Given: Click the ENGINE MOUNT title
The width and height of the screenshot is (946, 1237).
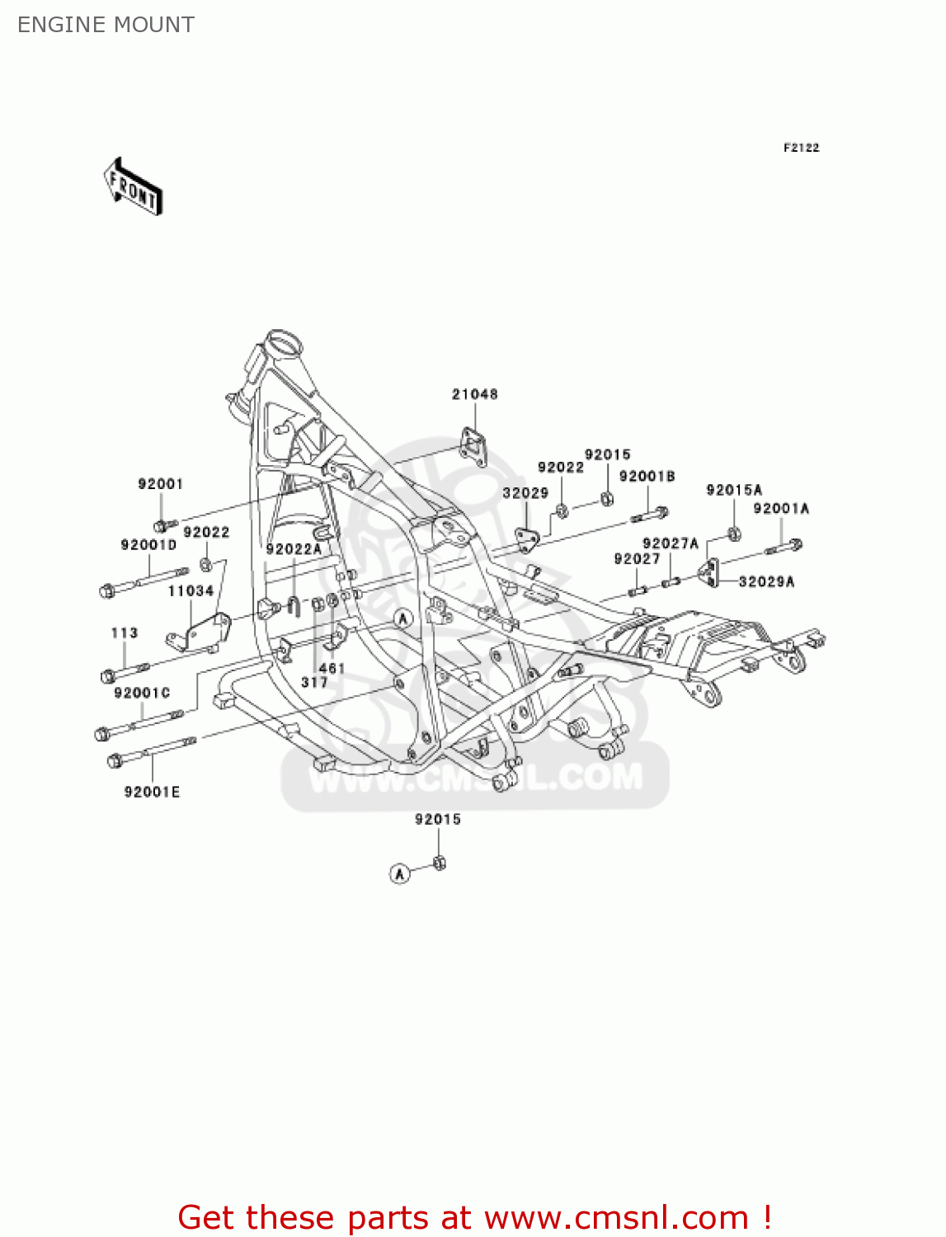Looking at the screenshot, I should [x=106, y=25].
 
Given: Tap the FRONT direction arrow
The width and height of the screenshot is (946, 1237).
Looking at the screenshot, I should [x=133, y=187].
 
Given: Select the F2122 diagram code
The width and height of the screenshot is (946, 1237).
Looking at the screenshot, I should [x=801, y=148].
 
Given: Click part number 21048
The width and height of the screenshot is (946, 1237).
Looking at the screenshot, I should [x=474, y=394].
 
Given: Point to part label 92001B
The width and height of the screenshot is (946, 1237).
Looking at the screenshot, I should [x=647, y=476].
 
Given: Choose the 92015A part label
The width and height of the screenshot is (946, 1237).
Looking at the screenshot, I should [x=734, y=490].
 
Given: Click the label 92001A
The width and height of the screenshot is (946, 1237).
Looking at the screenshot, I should [x=780, y=508].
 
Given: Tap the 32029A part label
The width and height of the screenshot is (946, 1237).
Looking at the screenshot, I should [x=766, y=581].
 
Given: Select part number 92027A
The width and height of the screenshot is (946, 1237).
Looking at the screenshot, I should [x=670, y=543].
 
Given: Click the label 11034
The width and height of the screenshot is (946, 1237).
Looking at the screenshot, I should [x=191, y=590].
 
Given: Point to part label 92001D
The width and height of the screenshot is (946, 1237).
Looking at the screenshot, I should [x=148, y=544].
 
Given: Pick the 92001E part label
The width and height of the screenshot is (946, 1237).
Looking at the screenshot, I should [x=152, y=792].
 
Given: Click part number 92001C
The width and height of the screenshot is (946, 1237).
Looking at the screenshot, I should [x=142, y=693].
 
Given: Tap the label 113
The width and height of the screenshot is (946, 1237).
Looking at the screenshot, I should [x=125, y=633].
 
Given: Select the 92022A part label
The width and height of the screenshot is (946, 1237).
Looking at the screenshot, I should [x=294, y=548].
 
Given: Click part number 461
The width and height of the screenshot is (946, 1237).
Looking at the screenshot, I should [x=332, y=668].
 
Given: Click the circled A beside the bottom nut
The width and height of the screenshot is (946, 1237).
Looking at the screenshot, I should [x=399, y=873].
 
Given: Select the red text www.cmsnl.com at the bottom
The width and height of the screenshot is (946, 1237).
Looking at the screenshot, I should [x=615, y=1217].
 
